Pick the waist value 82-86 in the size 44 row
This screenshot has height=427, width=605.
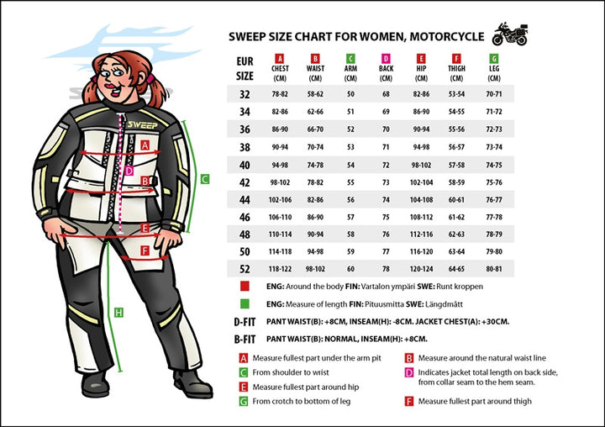point(315,199)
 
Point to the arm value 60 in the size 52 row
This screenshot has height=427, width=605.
point(350,269)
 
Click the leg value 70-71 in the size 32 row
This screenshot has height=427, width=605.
point(494,94)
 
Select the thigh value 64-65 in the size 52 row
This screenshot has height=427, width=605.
point(458,269)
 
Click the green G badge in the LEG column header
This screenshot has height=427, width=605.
point(494,59)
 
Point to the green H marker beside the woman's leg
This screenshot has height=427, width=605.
point(118,313)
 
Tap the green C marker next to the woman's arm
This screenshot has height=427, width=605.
point(205,178)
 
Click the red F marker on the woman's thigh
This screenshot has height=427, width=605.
point(145,250)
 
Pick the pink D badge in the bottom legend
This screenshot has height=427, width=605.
point(409,372)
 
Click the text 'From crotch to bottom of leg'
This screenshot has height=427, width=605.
point(302,402)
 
